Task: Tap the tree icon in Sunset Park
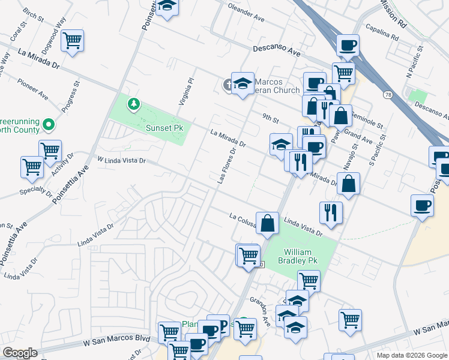pyautogui.click(x=133, y=105)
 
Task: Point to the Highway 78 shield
pyautogui.click(x=388, y=95)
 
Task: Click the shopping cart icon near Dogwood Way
pyautogui.click(x=73, y=41)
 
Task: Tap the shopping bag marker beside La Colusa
pyautogui.click(x=268, y=223)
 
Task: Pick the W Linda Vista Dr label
pyautogui.click(x=122, y=160)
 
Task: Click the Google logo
pyautogui.click(x=20, y=353)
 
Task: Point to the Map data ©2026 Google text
pyautogui.click(x=411, y=355)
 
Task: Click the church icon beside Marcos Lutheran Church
pyautogui.click(x=228, y=85)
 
